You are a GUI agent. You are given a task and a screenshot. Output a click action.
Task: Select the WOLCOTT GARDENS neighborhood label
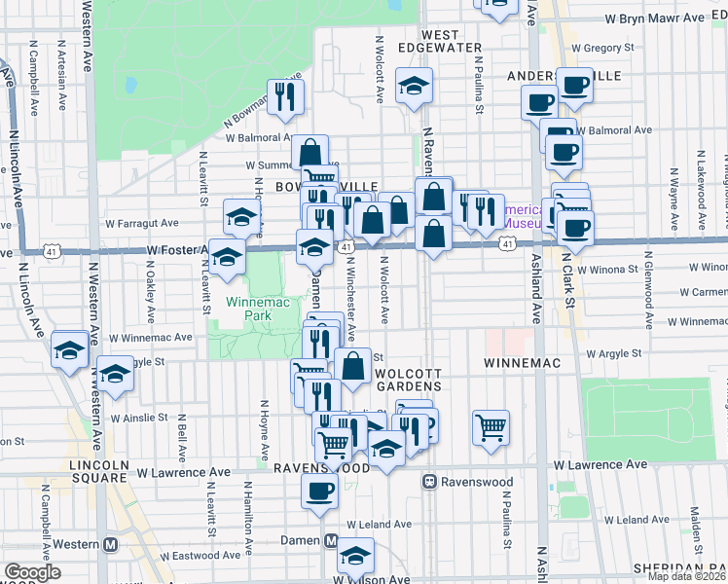click(402, 380)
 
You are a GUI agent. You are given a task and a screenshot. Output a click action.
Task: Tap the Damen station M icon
click(331, 541)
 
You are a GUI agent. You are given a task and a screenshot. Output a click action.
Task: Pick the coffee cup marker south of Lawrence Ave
click(318, 491)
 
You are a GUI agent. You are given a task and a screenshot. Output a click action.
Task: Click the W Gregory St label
click(602, 46)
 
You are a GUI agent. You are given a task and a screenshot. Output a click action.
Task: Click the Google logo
click(32, 572)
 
